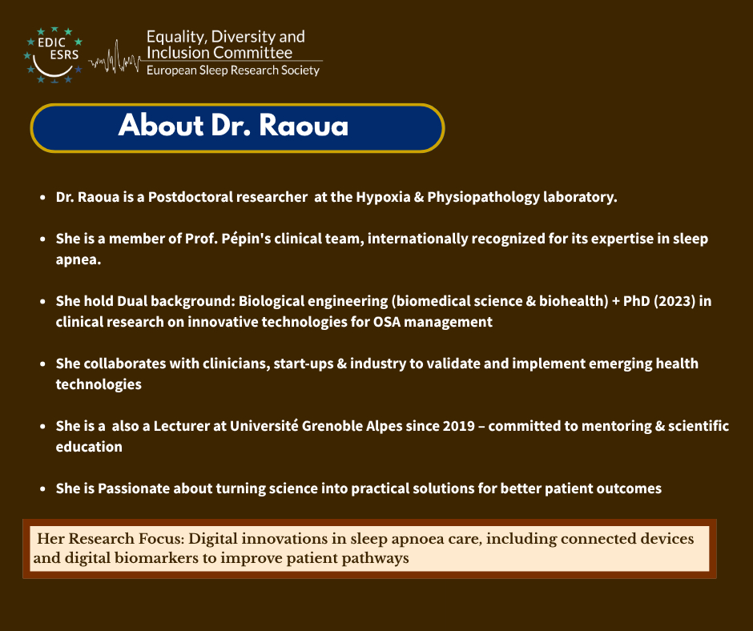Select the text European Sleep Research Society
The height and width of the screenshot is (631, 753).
[x=232, y=70]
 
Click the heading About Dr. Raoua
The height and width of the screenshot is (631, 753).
[x=233, y=127]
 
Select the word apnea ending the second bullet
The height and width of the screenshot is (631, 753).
[x=78, y=259]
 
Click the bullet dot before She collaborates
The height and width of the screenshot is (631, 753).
[x=41, y=364]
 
